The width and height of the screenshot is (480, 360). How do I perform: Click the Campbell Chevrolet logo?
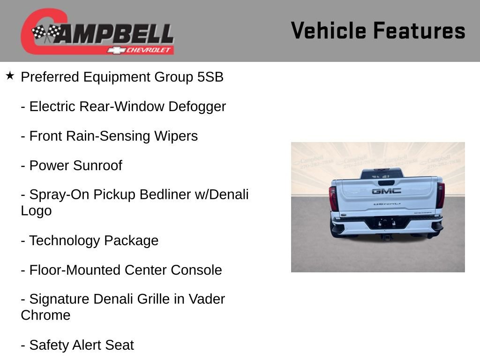97,32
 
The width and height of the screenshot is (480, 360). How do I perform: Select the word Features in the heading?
420,30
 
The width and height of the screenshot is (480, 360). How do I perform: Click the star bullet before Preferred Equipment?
10,75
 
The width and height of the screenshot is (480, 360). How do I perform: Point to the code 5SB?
210,77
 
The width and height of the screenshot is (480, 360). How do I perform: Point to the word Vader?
207,299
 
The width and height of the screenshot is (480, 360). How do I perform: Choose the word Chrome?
45,315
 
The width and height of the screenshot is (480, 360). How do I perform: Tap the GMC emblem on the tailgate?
386,191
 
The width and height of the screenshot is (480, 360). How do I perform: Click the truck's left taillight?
333,198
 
